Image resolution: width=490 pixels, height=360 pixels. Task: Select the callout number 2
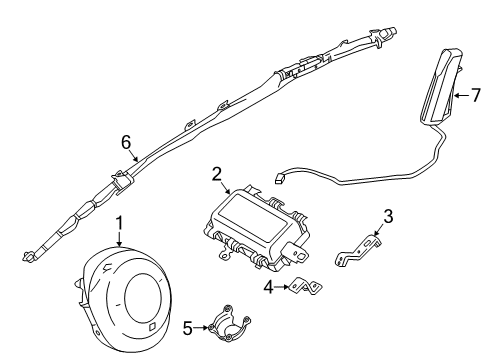pyautogui.click(x=217, y=175)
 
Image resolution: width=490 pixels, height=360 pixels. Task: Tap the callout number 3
pyautogui.click(x=388, y=216)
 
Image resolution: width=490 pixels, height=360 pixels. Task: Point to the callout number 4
pyautogui.click(x=269, y=287)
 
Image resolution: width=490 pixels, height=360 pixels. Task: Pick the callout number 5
pyautogui.click(x=188, y=328)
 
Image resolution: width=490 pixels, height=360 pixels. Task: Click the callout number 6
pyautogui.click(x=126, y=143)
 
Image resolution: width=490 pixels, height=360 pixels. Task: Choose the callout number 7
pyautogui.click(x=476, y=96)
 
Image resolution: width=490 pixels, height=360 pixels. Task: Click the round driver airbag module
pyautogui.click(x=123, y=297)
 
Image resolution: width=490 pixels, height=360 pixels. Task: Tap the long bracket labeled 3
pyautogui.click(x=357, y=251)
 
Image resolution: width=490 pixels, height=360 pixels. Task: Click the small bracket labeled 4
pyautogui.click(x=307, y=286)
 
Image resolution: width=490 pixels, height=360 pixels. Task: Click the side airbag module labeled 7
pyautogui.click(x=441, y=88)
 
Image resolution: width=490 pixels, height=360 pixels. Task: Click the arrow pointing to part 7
pyautogui.click(x=462, y=96)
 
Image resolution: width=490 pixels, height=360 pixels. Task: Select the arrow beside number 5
pyautogui.click(x=202, y=328)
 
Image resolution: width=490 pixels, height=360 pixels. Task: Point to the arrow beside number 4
pyautogui.click(x=283, y=287)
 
